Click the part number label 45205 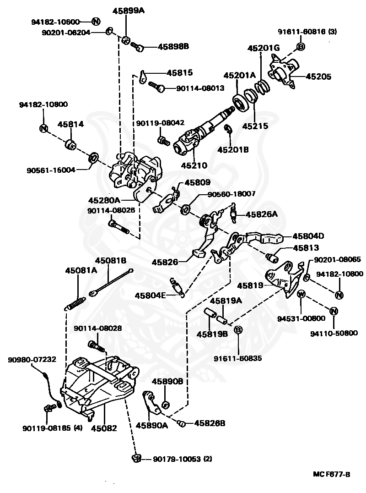[x=318, y=77]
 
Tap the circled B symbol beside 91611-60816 [x=301, y=46]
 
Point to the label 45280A [x=104, y=200]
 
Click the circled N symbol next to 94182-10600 [x=96, y=21]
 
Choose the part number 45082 [x=104, y=428]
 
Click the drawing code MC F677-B [x=331, y=474]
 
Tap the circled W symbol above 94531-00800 [x=301, y=294]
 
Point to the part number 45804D [x=308, y=236]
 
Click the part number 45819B [x=212, y=334]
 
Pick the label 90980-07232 [x=32, y=360]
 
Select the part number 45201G [x=264, y=48]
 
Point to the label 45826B [x=210, y=423]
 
